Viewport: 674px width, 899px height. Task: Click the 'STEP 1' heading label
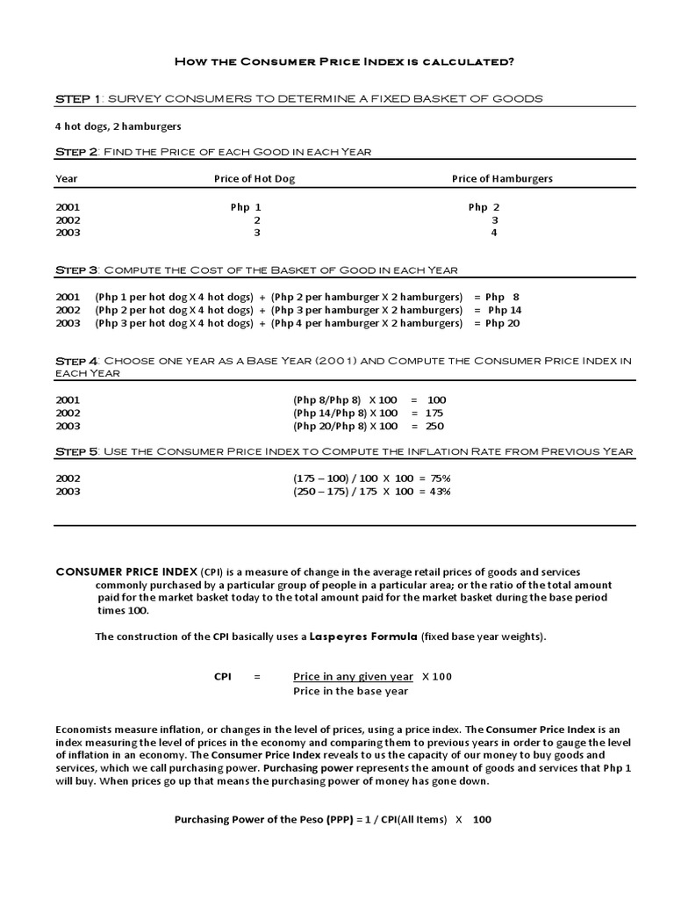click(78, 98)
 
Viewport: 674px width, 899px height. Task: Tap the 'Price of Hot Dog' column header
click(255, 179)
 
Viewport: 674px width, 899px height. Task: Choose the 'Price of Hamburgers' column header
click(502, 179)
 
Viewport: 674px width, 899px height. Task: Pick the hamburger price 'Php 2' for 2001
click(484, 207)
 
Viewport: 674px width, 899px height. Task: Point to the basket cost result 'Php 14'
click(505, 310)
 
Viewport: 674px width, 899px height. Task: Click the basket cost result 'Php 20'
click(502, 323)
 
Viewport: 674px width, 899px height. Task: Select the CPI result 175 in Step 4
click(433, 413)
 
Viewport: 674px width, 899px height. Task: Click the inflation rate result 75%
click(440, 478)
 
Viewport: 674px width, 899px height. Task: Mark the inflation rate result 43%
click(440, 492)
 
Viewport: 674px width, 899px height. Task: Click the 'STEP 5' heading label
click(77, 451)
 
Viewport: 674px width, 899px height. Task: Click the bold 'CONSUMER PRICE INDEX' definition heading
click(127, 572)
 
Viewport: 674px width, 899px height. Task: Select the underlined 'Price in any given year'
click(353, 677)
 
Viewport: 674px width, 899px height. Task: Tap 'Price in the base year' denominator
click(350, 691)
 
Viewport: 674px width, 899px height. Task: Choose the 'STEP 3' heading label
click(78, 270)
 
